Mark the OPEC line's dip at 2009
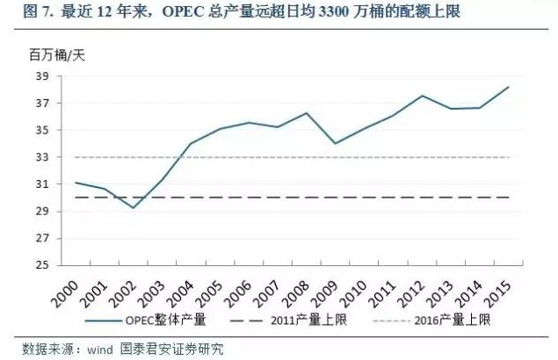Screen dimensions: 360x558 click(333, 143)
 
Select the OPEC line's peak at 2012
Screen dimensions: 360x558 click(423, 96)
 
